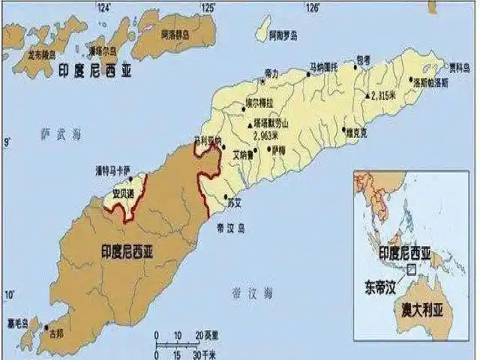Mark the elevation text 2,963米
coord(267,136)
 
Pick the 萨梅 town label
coord(278,149)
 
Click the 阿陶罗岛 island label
coord(282,35)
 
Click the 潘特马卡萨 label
coord(112,169)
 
